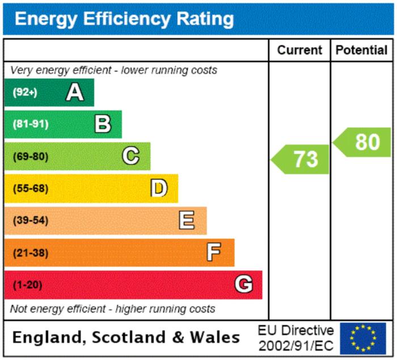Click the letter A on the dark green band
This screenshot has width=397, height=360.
pyautogui.click(x=74, y=92)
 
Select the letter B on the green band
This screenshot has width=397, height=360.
pyautogui.click(x=103, y=124)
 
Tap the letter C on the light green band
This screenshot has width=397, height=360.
pyautogui.click(x=131, y=156)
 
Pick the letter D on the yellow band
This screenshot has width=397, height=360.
pyautogui.click(x=159, y=188)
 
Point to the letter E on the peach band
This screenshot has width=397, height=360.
pyautogui.click(x=187, y=220)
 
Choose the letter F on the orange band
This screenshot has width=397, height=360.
pyautogui.click(x=214, y=252)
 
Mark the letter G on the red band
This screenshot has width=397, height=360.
pyautogui.click(x=243, y=284)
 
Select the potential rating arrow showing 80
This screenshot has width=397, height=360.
pyautogui.click(x=364, y=142)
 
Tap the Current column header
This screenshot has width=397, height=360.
pyautogui.click(x=299, y=51)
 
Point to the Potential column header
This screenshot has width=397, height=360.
pyautogui.click(x=361, y=51)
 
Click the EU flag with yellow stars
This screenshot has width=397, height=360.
pyautogui.click(x=363, y=338)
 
